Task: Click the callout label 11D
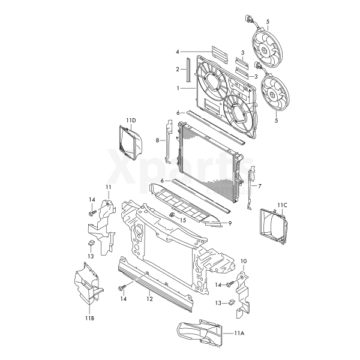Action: click(x=131, y=121)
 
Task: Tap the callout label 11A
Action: click(x=239, y=333)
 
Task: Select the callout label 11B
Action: click(x=89, y=318)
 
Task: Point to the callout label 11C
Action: click(x=282, y=205)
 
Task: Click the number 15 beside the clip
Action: click(x=183, y=220)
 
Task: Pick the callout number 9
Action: click(x=230, y=223)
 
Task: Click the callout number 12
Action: click(x=149, y=299)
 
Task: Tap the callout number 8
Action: click(x=157, y=140)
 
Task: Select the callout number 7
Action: click(x=260, y=186)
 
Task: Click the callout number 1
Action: click(x=178, y=88)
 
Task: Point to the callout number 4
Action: click(x=178, y=52)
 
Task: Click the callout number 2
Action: click(x=178, y=69)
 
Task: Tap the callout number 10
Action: click(x=244, y=261)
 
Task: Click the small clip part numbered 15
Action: click(x=172, y=215)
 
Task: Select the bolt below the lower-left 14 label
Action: click(x=122, y=287)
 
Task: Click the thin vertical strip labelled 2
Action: click(x=188, y=70)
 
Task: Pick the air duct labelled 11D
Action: click(x=130, y=142)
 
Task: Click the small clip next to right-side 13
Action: click(x=232, y=302)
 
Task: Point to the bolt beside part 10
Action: click(x=230, y=284)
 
